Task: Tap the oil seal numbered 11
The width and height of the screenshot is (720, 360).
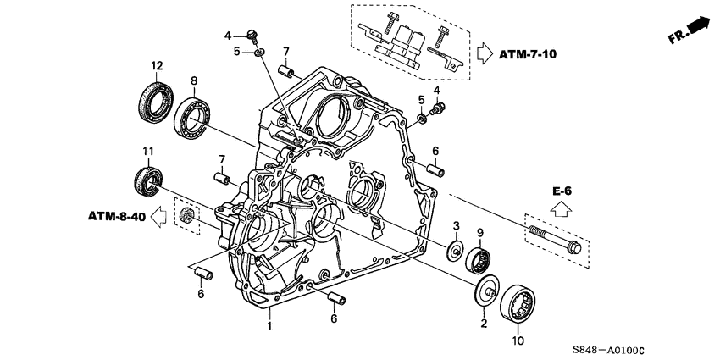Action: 149,180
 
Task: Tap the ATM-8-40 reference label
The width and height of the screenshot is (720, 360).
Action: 115,219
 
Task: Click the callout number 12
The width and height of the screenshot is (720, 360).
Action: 156,65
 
